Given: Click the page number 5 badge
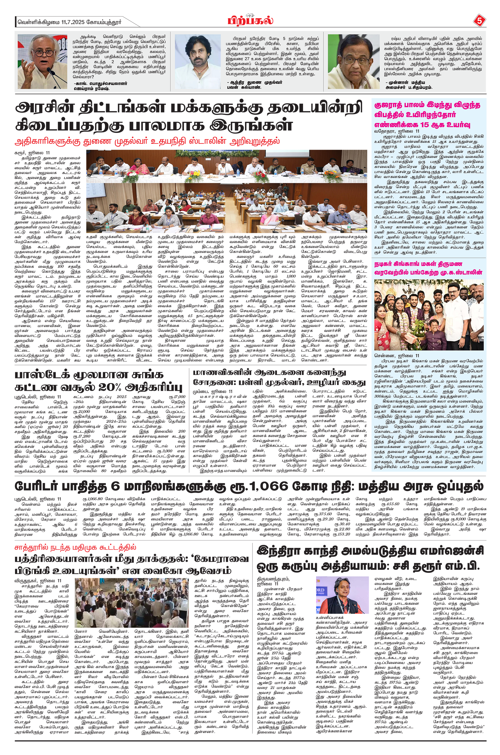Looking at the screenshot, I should (479, 21).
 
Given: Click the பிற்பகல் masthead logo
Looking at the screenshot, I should (250, 21).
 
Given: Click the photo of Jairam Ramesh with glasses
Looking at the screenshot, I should (42, 62).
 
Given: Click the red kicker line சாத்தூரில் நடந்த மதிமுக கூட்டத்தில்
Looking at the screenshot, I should (75, 547).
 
